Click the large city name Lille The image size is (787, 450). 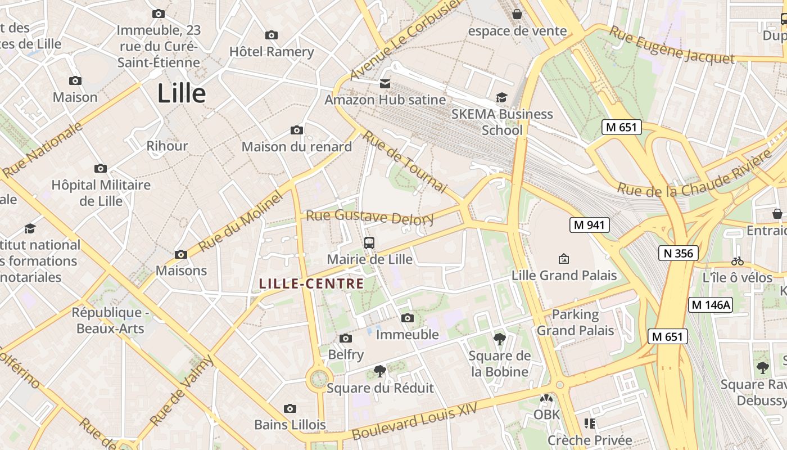tap(182, 93)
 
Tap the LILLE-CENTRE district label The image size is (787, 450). tap(311, 283)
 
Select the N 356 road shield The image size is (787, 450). tap(678, 253)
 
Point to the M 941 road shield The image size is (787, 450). tap(590, 225)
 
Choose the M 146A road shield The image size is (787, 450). tap(711, 305)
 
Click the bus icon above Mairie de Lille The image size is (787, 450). tap(369, 243)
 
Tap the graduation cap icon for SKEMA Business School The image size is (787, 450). tap(501, 98)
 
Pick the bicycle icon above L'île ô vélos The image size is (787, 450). tap(738, 261)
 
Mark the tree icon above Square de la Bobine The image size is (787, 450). tap(499, 339)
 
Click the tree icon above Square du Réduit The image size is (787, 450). tap(380, 371)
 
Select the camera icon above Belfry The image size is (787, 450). tap(346, 338)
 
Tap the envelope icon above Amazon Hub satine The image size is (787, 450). tap(385, 84)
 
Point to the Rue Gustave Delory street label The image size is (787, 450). tap(369, 217)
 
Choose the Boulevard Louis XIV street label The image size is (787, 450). tap(414, 421)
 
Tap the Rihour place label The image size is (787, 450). tap(167, 146)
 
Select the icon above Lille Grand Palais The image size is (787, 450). tap(563, 259)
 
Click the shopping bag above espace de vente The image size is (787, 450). tap(517, 13)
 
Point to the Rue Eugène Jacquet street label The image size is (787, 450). tap(672, 45)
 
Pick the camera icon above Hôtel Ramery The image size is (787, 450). tap(272, 35)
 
